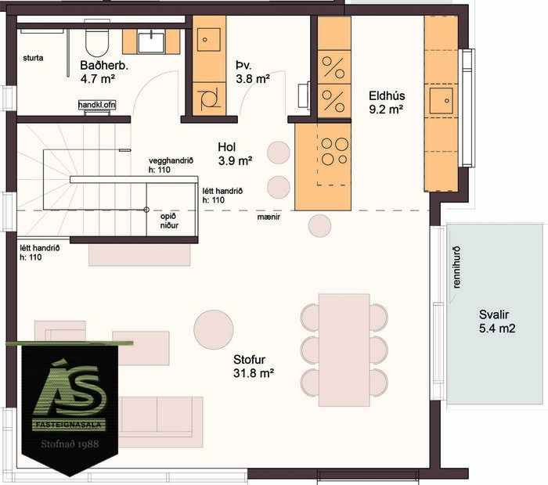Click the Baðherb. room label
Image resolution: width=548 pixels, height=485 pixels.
(104, 71)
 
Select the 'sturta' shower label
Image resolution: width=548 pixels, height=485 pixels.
(34, 58)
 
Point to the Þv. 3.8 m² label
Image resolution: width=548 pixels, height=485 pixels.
(252, 71)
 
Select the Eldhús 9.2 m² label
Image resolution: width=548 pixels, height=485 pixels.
(385, 102)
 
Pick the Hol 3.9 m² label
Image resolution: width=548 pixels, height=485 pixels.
(235, 153)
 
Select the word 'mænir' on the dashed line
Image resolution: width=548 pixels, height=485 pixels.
(269, 217)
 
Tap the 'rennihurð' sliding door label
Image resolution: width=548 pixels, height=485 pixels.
(457, 268)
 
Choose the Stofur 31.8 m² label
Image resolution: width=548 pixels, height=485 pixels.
(253, 366)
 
